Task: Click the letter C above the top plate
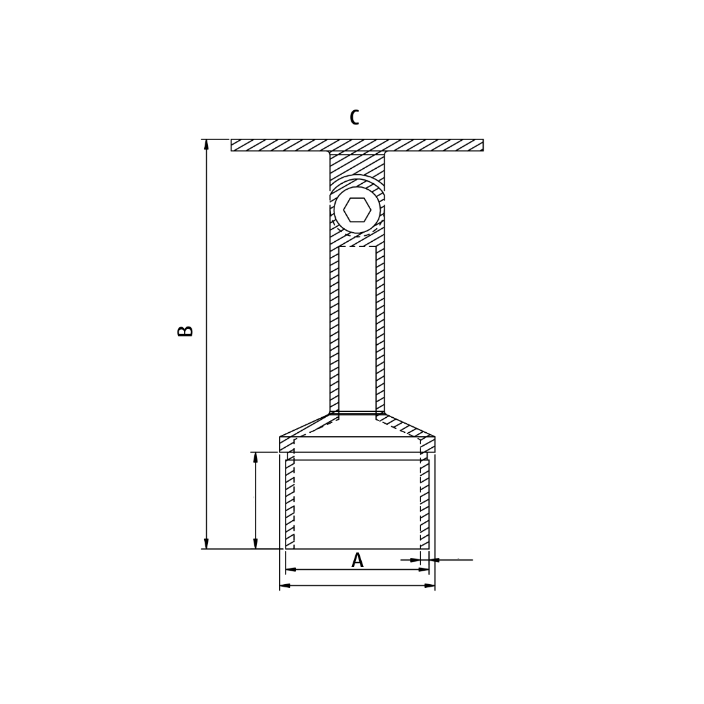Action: pyautogui.click(x=354, y=118)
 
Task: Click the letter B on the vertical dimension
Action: pyautogui.click(x=186, y=331)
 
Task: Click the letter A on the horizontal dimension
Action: pyautogui.click(x=357, y=561)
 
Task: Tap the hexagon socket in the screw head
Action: pyautogui.click(x=357, y=210)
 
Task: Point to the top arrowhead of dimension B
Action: pyautogui.click(x=207, y=144)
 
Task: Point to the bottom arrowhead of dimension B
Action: pyautogui.click(x=207, y=544)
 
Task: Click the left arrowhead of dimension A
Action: pyautogui.click(x=291, y=570)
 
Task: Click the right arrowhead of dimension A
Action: pyautogui.click(x=424, y=570)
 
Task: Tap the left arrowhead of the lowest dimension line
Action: pyautogui.click(x=285, y=585)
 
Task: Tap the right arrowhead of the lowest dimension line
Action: pyautogui.click(x=430, y=585)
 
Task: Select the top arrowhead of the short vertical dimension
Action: pyautogui.click(x=256, y=457)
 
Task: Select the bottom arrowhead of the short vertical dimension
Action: pyautogui.click(x=256, y=544)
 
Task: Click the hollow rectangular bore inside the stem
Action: pyautogui.click(x=357, y=329)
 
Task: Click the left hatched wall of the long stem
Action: pyautogui.click(x=334, y=329)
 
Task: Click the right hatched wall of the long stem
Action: pyautogui.click(x=380, y=329)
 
